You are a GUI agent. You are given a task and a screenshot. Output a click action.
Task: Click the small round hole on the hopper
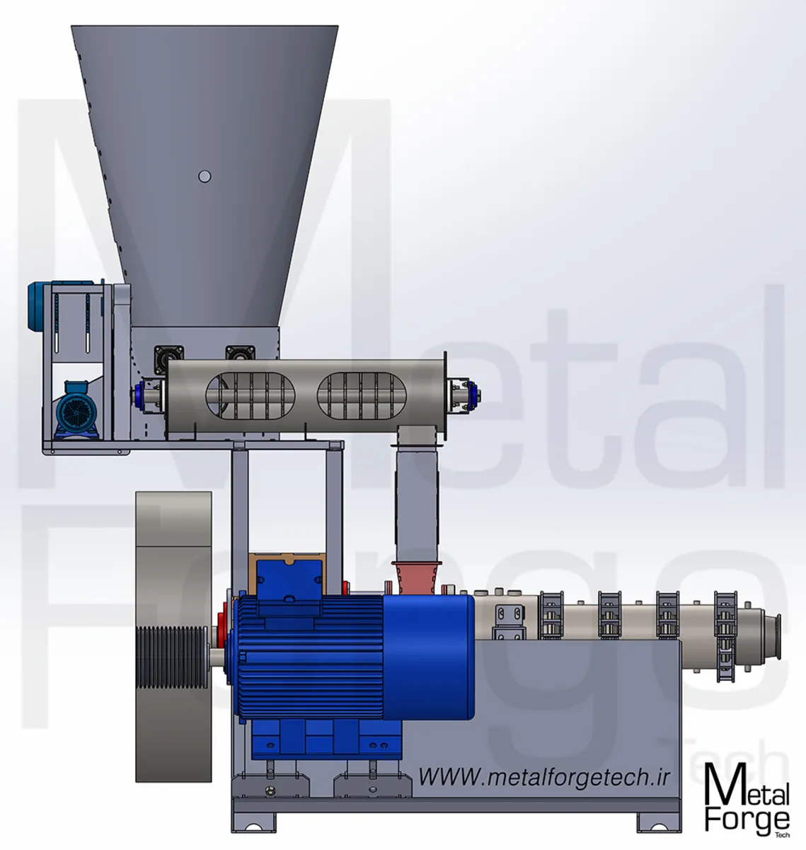205,176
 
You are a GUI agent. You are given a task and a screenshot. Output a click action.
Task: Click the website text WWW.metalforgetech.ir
543,777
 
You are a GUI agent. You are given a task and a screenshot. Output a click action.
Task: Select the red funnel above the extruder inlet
416,577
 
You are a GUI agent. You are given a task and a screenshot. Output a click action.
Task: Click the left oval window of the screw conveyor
250,395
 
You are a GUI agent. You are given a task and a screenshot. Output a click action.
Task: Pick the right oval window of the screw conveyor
362,395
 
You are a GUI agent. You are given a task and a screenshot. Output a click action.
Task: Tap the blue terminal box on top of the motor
289,582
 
